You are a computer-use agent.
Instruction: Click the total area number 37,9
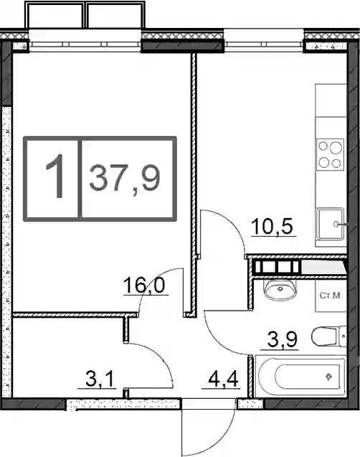point(125,179)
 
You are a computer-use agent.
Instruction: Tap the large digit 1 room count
point(56,176)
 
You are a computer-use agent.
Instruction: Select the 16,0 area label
point(144,285)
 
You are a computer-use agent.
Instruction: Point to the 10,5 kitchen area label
point(272,226)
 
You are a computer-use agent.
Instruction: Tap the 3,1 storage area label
point(99,380)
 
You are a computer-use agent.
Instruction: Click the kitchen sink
point(331,224)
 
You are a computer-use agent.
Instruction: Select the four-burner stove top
point(331,154)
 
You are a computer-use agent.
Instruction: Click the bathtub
point(300,376)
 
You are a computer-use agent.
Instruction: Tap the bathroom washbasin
point(280,289)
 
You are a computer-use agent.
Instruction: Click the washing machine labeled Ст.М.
point(331,296)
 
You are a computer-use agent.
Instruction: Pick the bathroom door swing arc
point(216,340)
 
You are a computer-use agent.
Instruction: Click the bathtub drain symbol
point(329,377)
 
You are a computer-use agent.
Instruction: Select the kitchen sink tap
point(340,224)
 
